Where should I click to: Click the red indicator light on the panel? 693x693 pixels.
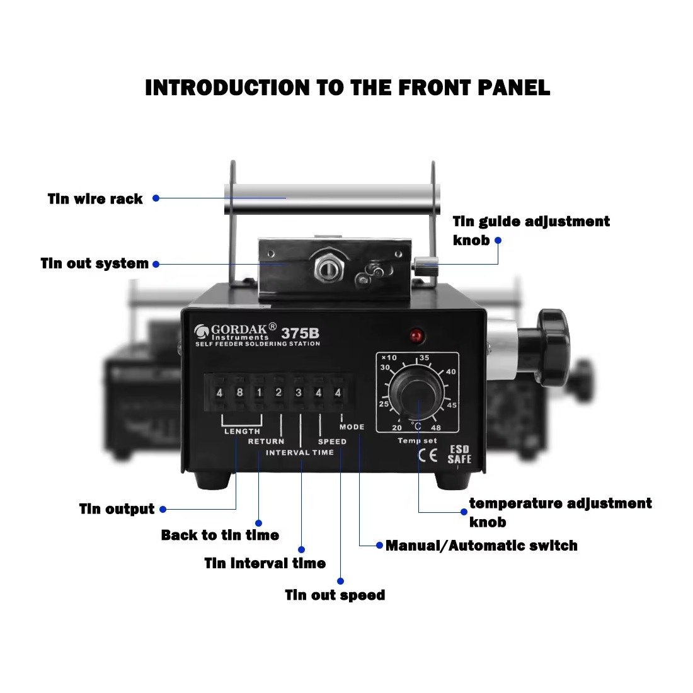(416, 336)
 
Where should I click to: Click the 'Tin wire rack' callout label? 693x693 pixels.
(95, 199)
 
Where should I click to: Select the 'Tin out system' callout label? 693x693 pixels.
(94, 263)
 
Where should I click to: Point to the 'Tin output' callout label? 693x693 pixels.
(117, 508)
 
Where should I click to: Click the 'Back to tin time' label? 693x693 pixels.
(220, 535)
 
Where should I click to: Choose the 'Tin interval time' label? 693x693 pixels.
(265, 563)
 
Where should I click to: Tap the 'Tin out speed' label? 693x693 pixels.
(335, 595)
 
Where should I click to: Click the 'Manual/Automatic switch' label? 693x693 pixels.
(481, 546)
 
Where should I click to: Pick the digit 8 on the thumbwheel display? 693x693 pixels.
(239, 392)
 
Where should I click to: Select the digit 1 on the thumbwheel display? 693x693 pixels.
(260, 392)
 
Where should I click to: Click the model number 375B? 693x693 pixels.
(300, 333)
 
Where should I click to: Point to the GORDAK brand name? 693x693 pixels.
(239, 329)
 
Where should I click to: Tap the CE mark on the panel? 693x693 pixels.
(428, 455)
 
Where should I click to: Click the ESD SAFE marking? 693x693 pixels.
(459, 455)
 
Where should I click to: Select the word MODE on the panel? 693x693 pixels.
(352, 427)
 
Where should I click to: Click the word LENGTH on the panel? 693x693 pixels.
(242, 432)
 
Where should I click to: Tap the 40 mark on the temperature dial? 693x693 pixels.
(451, 372)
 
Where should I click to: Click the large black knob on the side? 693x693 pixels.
(553, 347)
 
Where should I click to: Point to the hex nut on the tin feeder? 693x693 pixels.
(329, 267)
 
